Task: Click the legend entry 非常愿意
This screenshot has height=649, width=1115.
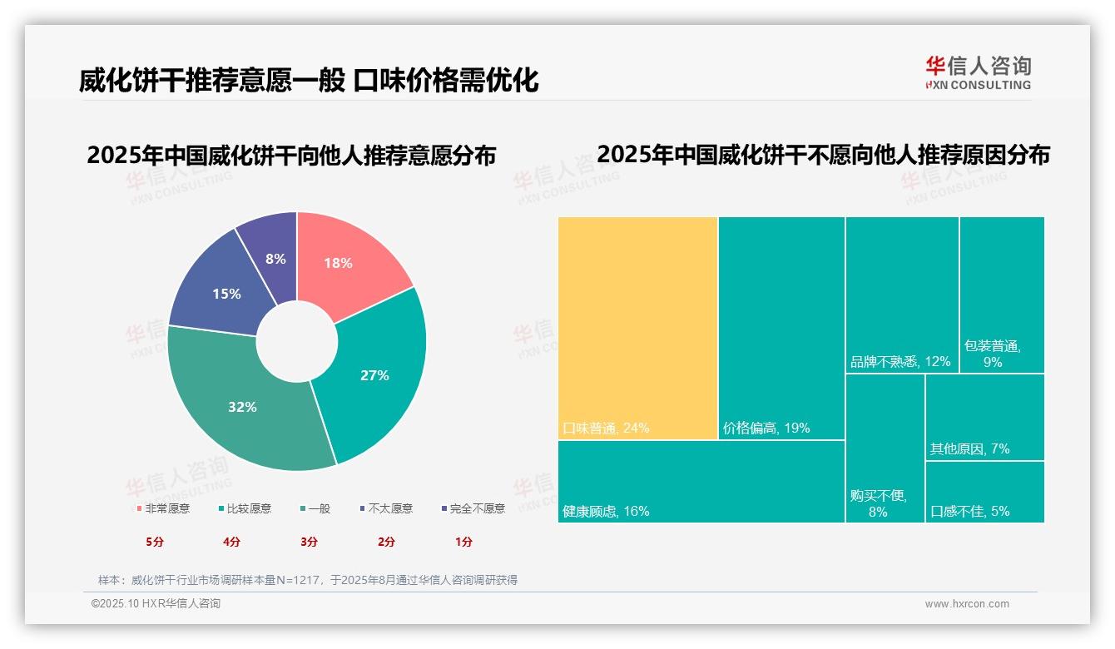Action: point(163,508)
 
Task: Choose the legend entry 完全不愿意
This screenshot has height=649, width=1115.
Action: point(473,508)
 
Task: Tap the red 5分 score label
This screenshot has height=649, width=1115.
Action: point(155,542)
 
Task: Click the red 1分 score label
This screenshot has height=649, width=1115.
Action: point(463,542)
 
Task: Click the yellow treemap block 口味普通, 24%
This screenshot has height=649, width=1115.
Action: point(637,328)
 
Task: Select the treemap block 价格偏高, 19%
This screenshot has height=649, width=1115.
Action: point(781,328)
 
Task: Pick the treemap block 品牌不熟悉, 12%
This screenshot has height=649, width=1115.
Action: point(902,295)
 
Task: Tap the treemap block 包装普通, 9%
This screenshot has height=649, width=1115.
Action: point(1002,295)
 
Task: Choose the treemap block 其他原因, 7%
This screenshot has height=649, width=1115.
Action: point(984,416)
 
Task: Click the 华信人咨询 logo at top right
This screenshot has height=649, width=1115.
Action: point(978,72)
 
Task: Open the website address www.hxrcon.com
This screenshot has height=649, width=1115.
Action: point(967,604)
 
